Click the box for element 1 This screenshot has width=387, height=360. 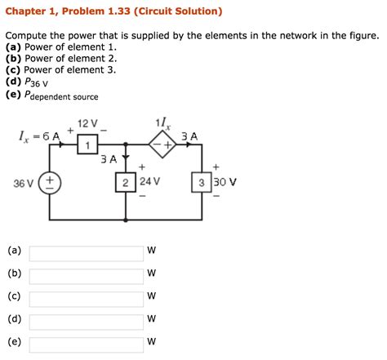(x=89, y=145)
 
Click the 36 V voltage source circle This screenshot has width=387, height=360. (x=51, y=182)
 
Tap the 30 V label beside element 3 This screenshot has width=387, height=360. (x=225, y=181)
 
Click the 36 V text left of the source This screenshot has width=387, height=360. (x=23, y=182)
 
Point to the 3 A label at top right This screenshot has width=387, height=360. (x=189, y=136)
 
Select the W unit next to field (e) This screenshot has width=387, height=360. (x=151, y=342)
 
